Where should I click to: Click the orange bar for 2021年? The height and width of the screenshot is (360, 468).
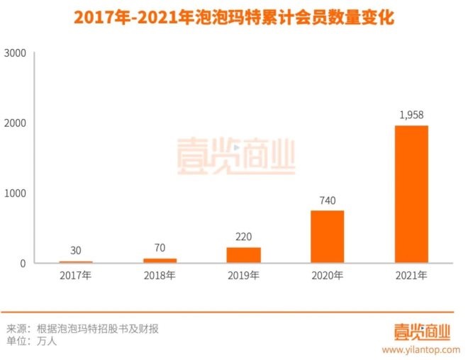click(411, 194)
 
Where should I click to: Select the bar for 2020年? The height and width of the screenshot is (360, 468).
click(328, 237)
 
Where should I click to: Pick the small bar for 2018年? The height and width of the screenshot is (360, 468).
click(160, 261)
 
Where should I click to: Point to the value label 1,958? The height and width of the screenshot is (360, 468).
click(411, 115)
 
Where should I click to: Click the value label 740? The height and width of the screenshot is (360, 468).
click(328, 200)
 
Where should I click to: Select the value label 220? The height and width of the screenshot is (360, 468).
click(243, 237)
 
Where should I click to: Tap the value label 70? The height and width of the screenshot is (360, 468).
click(160, 248)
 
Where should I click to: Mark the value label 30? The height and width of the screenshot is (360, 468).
click(76, 251)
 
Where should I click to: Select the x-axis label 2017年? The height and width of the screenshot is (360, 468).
click(76, 275)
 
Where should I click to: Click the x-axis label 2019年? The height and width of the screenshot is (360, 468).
click(243, 275)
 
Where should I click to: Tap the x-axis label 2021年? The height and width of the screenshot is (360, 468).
click(411, 275)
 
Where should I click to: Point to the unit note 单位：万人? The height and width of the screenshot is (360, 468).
click(36, 341)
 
